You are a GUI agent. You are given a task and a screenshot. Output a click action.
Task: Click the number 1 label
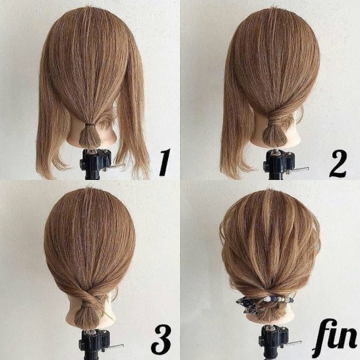[164, 162]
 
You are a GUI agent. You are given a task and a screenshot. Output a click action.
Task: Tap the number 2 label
[338, 164]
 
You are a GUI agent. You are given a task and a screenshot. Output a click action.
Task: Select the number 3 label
[161, 340]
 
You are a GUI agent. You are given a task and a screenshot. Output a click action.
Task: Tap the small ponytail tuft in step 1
[90, 136]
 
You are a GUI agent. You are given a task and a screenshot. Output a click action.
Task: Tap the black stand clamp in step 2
[279, 163]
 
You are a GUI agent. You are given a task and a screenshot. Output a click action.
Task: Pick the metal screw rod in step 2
[301, 169]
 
